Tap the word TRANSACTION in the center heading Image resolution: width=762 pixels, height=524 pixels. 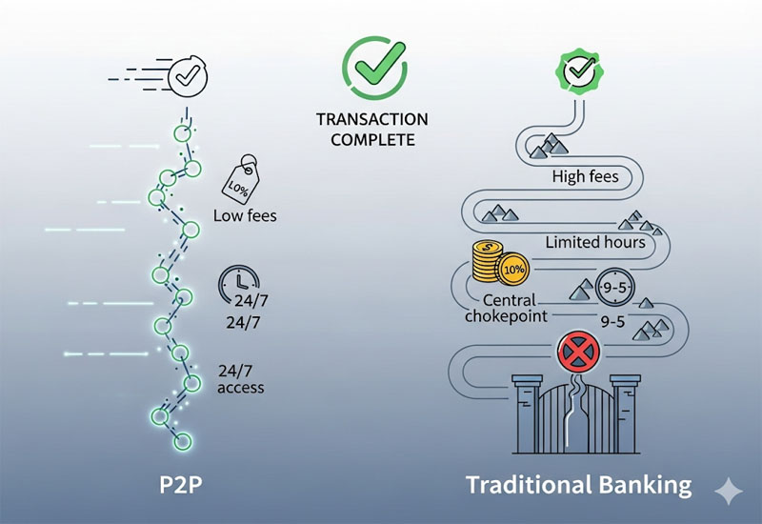pyautogui.click(x=372, y=120)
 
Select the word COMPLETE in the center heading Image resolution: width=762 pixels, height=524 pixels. pyautogui.click(x=372, y=139)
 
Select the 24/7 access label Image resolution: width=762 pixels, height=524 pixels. pyautogui.click(x=240, y=378)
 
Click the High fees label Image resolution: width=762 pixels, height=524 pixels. pyautogui.click(x=585, y=176)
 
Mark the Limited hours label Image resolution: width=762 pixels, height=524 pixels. pyautogui.click(x=595, y=242)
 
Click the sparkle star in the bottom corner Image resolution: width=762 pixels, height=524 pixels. pyautogui.click(x=730, y=490)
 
